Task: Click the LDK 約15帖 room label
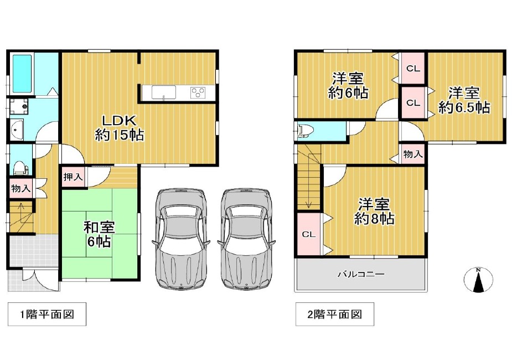tap(120, 127)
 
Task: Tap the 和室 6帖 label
tap(99, 235)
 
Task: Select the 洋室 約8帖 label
tap(374, 212)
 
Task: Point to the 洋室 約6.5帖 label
tap(464, 100)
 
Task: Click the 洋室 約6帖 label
tap(348, 86)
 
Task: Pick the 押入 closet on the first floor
tap(73, 177)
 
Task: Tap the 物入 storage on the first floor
tap(20, 188)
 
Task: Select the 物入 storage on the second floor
tap(413, 153)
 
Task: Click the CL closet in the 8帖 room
tap(308, 234)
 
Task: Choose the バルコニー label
tap(361, 274)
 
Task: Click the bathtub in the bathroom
tap(22, 74)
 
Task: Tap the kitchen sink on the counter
tap(164, 92)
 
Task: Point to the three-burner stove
tap(198, 92)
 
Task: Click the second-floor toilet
tap(306, 130)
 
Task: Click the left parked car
tap(181, 239)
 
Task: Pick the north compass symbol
tap(478, 280)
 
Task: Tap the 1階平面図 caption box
tap(47, 314)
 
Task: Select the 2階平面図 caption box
tap(335, 314)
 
